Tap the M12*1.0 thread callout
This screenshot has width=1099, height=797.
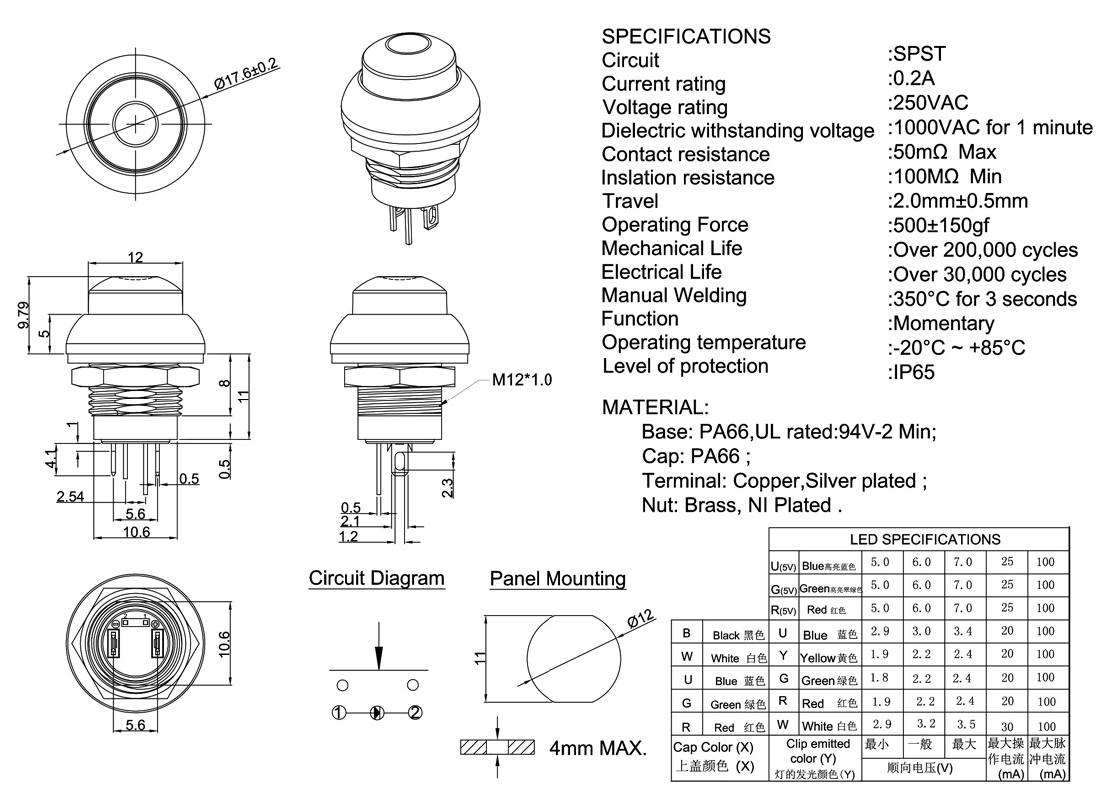(522, 380)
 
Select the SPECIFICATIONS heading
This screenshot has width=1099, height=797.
(686, 36)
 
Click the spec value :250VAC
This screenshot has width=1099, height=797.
(927, 102)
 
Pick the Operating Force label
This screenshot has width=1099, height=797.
(674, 225)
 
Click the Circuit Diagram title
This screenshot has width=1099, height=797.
(376, 578)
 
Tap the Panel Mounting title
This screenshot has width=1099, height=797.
(557, 579)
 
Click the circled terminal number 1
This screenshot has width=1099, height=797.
(340, 712)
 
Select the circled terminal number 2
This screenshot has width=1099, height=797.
(415, 712)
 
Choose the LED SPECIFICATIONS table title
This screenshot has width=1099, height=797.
(924, 539)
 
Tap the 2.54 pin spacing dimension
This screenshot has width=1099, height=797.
(71, 496)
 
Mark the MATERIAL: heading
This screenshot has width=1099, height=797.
(655, 407)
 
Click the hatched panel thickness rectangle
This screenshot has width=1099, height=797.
(498, 747)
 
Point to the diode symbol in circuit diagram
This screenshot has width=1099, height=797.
(376, 712)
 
